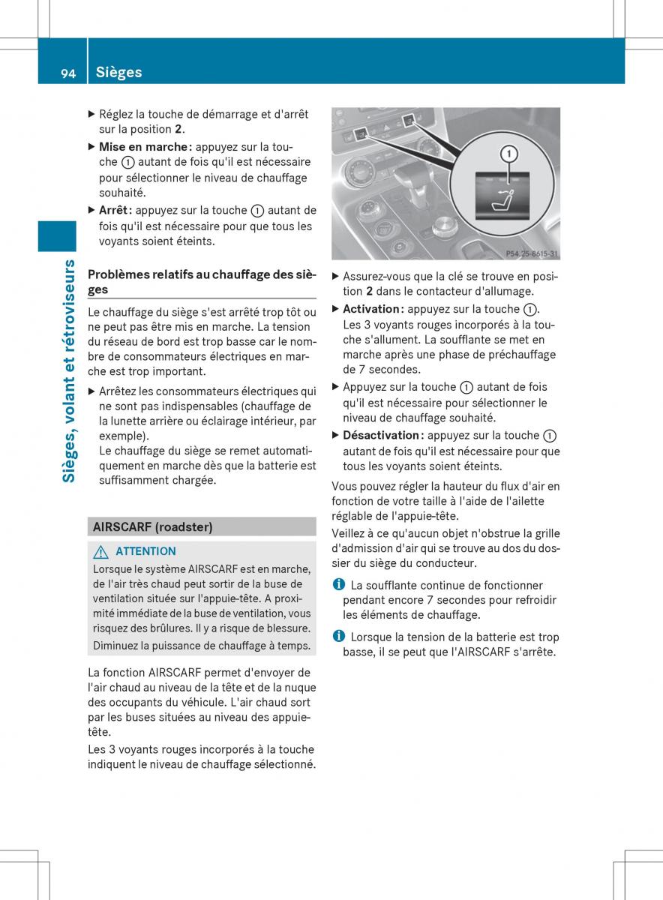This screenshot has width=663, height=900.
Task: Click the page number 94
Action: point(68,73)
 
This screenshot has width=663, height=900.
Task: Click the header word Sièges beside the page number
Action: point(119,73)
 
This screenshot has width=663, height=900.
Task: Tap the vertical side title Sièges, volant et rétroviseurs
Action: point(68,370)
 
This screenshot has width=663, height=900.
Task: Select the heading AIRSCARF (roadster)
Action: point(152,526)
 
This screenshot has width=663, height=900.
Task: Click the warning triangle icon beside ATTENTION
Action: point(100,551)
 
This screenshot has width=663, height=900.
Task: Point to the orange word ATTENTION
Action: point(146,551)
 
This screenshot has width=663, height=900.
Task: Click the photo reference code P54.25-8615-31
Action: point(532,253)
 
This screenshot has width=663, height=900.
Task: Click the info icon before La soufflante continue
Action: point(338,585)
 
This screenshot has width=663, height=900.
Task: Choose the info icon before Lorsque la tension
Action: point(338,637)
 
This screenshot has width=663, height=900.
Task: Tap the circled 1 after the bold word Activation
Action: point(530,309)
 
